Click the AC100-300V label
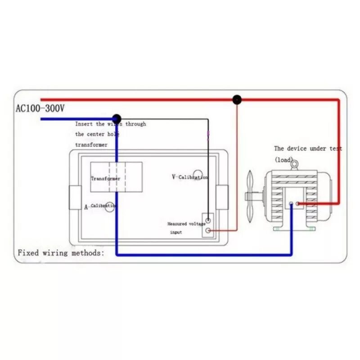tap(40, 109)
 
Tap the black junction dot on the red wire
tap(236, 99)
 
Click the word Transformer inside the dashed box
tap(105, 179)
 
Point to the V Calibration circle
tap(198, 175)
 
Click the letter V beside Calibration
tap(173, 177)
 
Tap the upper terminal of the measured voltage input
tap(208, 221)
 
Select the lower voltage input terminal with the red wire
tap(208, 231)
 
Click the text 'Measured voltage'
tap(186, 224)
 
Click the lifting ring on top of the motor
tap(294, 165)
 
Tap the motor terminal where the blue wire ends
tap(291, 204)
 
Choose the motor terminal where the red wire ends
tap(297, 204)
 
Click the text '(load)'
tap(283, 160)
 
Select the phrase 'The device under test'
tap(308, 148)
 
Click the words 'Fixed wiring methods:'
tap(61, 253)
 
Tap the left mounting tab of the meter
tap(75, 197)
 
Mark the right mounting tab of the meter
tap(222, 197)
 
